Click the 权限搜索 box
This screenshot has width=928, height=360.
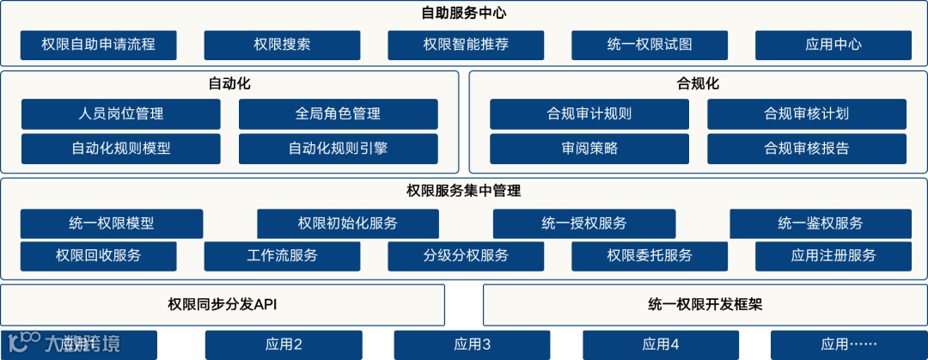[x=282, y=45]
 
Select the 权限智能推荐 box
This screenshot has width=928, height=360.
[x=466, y=45]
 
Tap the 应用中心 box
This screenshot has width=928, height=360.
[x=833, y=45]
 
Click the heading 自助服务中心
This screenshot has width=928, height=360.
[x=464, y=14]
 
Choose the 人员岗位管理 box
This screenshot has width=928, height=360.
[x=120, y=113]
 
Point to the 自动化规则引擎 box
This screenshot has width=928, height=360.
[x=338, y=149]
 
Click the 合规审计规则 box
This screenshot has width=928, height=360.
[x=589, y=113]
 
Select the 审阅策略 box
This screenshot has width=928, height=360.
[x=589, y=149]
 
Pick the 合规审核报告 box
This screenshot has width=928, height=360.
[x=806, y=149]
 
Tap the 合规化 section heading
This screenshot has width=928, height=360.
[x=698, y=83]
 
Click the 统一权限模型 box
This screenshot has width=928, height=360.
[x=112, y=223]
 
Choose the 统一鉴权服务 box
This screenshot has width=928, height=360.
[x=821, y=223]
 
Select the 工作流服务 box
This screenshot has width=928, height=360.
[x=282, y=255]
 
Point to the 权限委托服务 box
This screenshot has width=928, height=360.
[x=649, y=255]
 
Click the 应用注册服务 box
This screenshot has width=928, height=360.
[x=833, y=255]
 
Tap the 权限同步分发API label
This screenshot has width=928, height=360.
[x=223, y=304]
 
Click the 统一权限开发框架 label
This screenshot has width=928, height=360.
[x=705, y=304]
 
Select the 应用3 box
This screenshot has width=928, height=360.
[x=472, y=345]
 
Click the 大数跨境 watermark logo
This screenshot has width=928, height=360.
[x=64, y=344]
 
